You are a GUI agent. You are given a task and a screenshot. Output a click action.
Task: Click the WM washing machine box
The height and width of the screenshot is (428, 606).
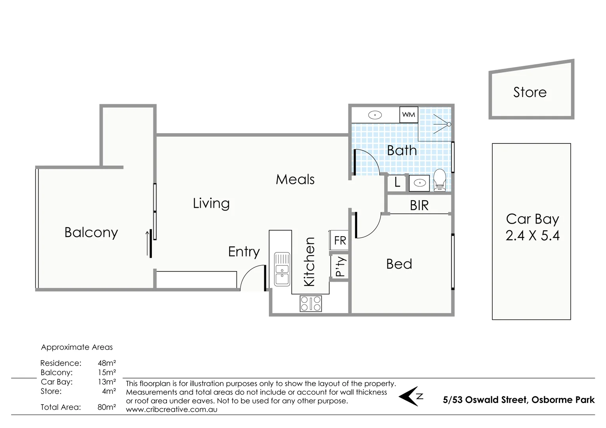point(409,115)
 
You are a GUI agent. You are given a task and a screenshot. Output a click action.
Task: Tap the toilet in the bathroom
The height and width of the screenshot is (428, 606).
point(440,180)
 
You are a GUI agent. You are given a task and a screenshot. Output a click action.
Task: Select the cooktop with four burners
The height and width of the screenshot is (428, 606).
point(311,303)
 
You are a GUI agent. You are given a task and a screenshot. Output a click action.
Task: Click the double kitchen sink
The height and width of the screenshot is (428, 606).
point(282,269)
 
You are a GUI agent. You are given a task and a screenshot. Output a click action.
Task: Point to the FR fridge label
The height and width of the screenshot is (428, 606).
point(340,241)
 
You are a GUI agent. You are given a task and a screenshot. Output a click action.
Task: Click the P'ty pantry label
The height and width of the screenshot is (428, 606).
point(340,266)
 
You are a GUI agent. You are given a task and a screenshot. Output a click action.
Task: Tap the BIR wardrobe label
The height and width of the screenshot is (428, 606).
point(419,206)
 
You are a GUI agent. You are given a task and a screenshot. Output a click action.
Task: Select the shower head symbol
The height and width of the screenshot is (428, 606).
point(442,124)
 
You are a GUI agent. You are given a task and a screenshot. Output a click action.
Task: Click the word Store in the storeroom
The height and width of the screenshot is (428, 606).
point(530,92)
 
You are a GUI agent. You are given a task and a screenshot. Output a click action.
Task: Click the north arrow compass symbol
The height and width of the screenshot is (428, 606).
point(411,396)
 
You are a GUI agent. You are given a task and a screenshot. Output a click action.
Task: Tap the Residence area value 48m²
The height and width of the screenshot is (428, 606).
point(107,363)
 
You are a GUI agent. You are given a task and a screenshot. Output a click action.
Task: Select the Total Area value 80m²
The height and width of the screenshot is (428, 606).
point(107,407)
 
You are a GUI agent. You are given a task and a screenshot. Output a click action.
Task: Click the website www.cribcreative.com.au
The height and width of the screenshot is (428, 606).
point(172,409)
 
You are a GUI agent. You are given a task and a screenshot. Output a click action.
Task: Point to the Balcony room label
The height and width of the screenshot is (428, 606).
point(91,233)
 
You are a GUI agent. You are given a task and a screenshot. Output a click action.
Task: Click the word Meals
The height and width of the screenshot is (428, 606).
point(295,180)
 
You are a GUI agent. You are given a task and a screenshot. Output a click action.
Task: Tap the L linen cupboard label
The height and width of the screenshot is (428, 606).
point(397,182)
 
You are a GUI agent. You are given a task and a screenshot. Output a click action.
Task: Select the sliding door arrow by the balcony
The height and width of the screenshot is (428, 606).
point(147,243)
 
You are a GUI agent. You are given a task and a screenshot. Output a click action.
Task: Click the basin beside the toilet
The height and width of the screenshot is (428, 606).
point(419,183)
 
